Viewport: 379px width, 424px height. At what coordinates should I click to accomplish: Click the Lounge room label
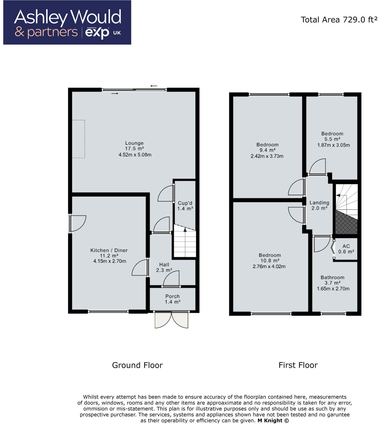[x=134, y=143]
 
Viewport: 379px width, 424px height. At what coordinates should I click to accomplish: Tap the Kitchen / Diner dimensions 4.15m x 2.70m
[x=110, y=261]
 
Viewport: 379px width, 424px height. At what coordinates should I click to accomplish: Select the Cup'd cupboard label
[x=185, y=203]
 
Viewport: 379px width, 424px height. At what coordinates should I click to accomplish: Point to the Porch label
[x=172, y=296]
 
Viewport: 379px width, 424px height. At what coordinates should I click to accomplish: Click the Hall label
[x=164, y=265]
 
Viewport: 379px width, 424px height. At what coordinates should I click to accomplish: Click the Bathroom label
[x=332, y=278]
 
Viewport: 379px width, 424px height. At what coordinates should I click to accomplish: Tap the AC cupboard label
[x=346, y=246]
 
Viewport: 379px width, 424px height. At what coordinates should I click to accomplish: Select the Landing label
[x=319, y=203]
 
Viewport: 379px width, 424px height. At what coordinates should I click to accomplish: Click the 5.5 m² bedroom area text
[x=332, y=139]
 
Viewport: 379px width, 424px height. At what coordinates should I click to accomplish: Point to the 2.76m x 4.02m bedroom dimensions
[x=269, y=266]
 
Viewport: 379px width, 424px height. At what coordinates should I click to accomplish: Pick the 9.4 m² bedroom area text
[x=267, y=150]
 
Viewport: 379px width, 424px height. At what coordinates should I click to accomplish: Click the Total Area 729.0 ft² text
[x=339, y=20]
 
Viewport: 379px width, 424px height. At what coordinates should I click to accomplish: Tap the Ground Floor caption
[x=137, y=365]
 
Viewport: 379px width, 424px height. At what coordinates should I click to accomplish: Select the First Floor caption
[x=298, y=365]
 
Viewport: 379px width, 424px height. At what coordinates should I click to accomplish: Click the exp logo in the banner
[x=97, y=33]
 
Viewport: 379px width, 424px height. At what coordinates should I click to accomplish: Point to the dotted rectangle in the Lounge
[x=79, y=139]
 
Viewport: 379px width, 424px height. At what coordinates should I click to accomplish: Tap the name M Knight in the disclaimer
[x=270, y=421]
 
